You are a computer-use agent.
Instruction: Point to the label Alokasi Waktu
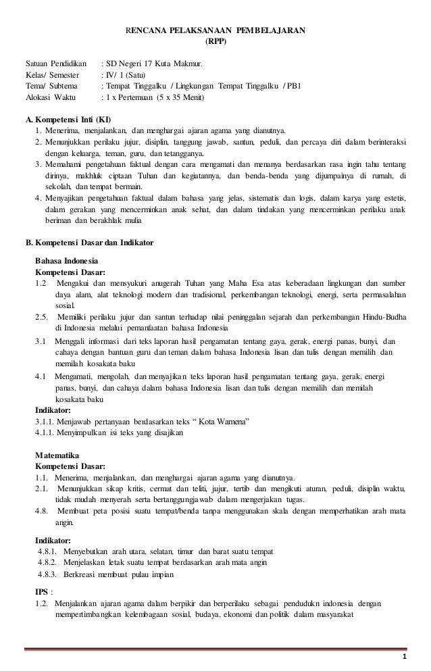pyautogui.click(x=47, y=98)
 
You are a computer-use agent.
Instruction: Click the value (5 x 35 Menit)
pyautogui.click(x=177, y=98)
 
